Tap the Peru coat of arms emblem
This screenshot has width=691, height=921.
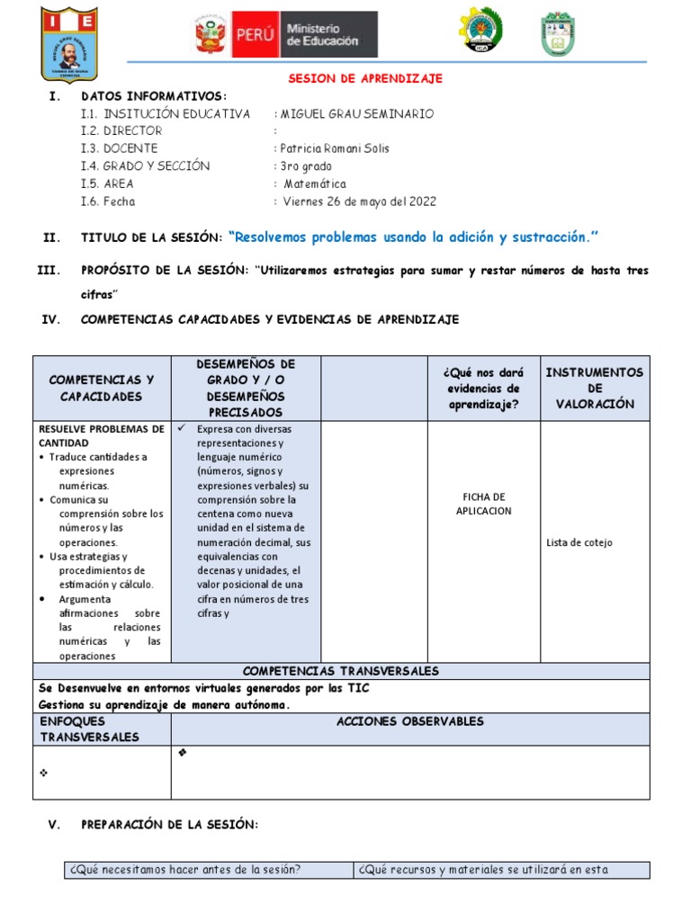tap(210, 37)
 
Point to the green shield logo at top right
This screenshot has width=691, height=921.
tap(558, 34)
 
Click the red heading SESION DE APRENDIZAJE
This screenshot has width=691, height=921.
tap(365, 79)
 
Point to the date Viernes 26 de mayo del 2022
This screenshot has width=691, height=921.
tap(359, 201)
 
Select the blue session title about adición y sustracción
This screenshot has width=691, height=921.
tap(414, 237)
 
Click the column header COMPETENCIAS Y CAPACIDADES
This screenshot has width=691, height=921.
tap(102, 389)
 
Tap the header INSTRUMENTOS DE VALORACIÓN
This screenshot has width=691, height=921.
tap(594, 389)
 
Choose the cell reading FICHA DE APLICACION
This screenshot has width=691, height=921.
tap(485, 504)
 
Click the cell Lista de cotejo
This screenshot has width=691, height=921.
tap(579, 542)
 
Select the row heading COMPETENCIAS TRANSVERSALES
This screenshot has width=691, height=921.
tap(341, 671)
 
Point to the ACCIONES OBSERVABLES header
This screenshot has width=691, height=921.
tap(410, 721)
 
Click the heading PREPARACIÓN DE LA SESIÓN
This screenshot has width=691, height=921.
tap(169, 825)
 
